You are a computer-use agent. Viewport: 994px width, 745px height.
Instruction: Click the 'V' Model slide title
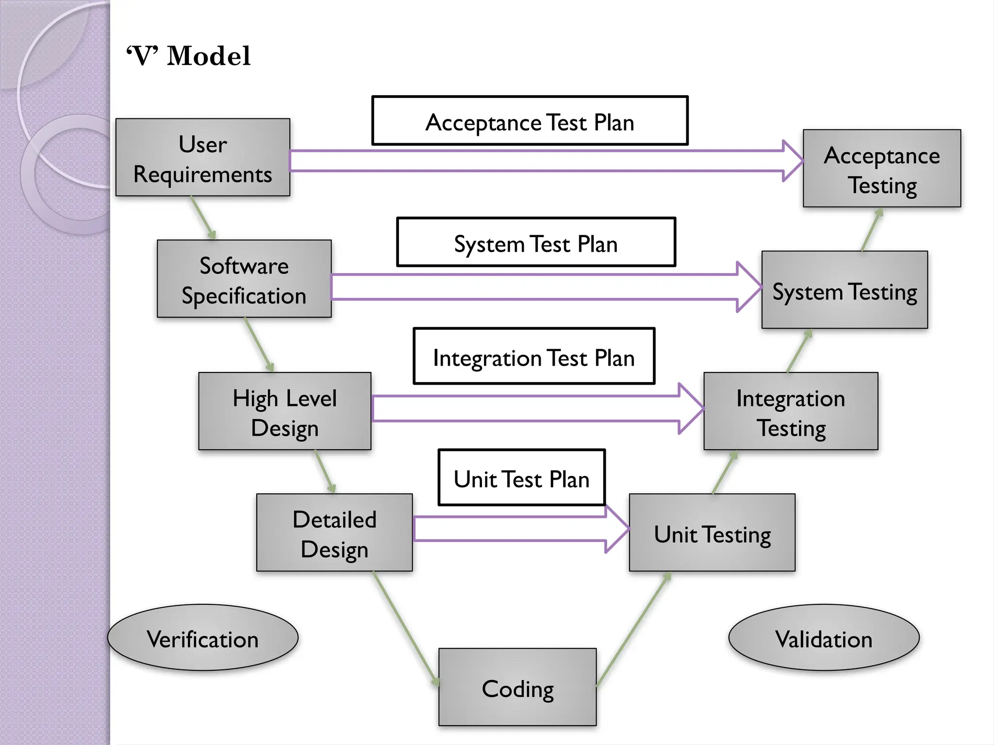[x=188, y=56]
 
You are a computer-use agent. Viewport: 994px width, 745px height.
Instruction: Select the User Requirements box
[x=203, y=158]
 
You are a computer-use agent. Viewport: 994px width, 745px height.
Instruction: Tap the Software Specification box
[x=244, y=279]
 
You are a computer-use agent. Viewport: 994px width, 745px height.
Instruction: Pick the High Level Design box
[x=285, y=412]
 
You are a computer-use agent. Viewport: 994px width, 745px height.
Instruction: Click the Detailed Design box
[x=334, y=533]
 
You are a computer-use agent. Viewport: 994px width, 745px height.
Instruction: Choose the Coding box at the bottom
[x=517, y=687]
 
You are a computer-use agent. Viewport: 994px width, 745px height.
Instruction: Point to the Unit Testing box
[x=712, y=533]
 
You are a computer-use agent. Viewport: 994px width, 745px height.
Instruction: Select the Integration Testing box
[x=791, y=412]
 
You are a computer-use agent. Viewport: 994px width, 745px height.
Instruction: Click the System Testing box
[x=845, y=290]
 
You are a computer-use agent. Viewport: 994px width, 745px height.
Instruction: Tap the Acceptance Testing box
[x=882, y=169]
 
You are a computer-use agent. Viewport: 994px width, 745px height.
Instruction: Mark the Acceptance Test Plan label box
[x=530, y=121]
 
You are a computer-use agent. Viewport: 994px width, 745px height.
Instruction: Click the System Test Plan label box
[x=536, y=243]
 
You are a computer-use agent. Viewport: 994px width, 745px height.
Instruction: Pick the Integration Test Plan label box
[x=534, y=356]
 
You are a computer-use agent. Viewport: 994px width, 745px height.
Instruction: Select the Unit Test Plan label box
[x=522, y=478]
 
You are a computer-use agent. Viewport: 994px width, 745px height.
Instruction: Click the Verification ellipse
[x=203, y=638]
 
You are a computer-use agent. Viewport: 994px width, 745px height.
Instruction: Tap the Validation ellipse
[x=824, y=638]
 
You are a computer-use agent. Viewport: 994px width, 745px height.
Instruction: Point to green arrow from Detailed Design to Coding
[x=405, y=628]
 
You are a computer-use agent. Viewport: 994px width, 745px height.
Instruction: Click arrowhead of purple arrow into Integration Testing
[x=690, y=409]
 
